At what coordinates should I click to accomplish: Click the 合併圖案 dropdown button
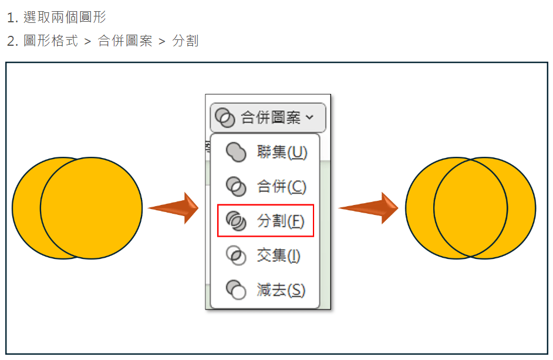268,117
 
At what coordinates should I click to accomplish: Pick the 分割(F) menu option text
281,221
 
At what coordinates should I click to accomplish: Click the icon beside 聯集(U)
236,153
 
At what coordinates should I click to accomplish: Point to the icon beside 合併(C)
236,186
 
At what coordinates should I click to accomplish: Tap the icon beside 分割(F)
236,221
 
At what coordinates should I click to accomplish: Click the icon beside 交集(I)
236,255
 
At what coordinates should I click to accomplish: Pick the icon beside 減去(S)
236,290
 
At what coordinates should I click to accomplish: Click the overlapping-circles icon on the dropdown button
225,117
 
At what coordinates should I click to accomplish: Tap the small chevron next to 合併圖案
309,117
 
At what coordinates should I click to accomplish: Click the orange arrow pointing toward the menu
173,208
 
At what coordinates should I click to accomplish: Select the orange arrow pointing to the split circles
368,208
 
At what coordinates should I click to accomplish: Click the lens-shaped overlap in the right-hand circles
470,208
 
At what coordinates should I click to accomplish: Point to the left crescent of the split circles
420,208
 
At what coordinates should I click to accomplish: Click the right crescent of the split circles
522,208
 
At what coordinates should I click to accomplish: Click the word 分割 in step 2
186,41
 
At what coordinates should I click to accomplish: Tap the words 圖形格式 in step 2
51,41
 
